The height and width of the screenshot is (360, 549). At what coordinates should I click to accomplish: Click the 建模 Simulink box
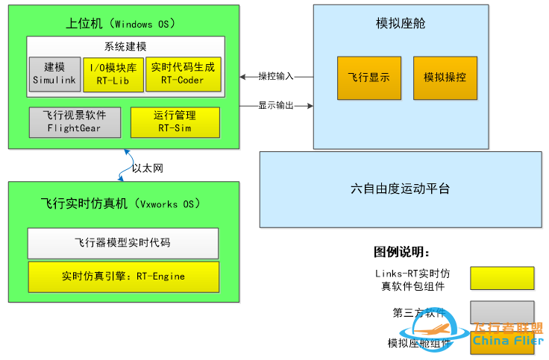[x=54, y=74]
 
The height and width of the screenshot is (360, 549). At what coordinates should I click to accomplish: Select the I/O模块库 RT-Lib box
[x=113, y=74]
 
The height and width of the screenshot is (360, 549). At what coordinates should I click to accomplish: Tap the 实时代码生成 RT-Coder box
[x=183, y=74]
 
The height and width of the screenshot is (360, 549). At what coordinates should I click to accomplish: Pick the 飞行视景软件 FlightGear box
[x=74, y=122]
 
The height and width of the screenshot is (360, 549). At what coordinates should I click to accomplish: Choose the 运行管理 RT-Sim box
[x=175, y=122]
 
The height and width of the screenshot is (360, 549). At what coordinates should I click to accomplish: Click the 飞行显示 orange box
[x=369, y=78]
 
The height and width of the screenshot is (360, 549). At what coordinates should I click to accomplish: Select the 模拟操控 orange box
[x=445, y=78]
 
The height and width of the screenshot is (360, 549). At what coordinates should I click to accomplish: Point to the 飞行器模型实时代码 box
[x=123, y=243]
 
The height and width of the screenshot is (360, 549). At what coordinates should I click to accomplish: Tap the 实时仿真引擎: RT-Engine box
[x=123, y=277]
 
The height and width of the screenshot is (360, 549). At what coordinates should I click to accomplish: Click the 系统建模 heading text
[x=125, y=46]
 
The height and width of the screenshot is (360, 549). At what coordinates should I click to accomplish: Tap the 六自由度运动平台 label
[x=400, y=189]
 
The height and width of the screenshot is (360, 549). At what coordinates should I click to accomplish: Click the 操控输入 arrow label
[x=276, y=76]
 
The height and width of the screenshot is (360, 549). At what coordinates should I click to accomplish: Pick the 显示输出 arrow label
[x=276, y=106]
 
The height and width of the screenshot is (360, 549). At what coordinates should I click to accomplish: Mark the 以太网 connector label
[x=147, y=168]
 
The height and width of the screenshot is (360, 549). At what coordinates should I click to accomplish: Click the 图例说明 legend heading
[x=402, y=252]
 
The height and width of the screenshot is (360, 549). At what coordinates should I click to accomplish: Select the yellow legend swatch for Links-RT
[x=502, y=278]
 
